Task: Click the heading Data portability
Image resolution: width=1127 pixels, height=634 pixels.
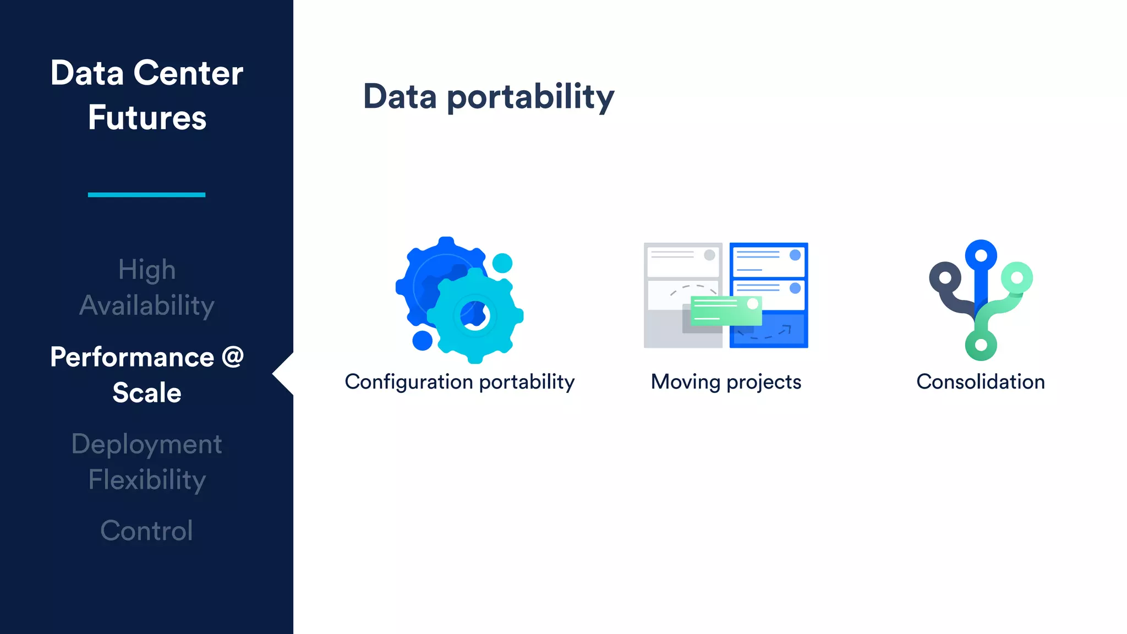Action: tap(488, 97)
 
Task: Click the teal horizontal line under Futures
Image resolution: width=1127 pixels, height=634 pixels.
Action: tap(146, 195)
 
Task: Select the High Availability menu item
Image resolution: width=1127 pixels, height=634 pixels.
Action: tap(146, 287)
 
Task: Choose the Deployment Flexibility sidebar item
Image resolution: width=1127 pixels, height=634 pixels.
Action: tap(146, 461)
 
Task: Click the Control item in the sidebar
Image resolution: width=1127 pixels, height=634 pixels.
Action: tap(146, 531)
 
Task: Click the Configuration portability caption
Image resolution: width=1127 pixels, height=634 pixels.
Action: tap(459, 381)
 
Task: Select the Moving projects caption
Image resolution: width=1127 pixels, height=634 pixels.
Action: tap(725, 381)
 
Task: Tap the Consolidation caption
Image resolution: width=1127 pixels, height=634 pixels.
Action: tap(980, 381)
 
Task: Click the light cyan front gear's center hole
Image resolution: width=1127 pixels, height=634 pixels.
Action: tap(475, 315)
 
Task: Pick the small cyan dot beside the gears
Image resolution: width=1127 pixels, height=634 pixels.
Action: tap(502, 263)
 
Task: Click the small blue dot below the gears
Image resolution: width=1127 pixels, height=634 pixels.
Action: tap(422, 340)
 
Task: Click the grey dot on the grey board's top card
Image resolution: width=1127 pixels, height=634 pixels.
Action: tap(709, 255)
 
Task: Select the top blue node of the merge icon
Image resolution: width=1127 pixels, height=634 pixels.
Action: tap(981, 255)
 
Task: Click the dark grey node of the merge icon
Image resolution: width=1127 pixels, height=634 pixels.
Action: tap(945, 277)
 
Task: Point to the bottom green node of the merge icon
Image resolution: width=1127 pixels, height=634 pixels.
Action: tap(981, 345)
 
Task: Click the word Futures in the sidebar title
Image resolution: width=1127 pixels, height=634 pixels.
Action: tap(147, 118)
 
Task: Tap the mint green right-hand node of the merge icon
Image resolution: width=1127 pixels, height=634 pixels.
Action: tap(1016, 277)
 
